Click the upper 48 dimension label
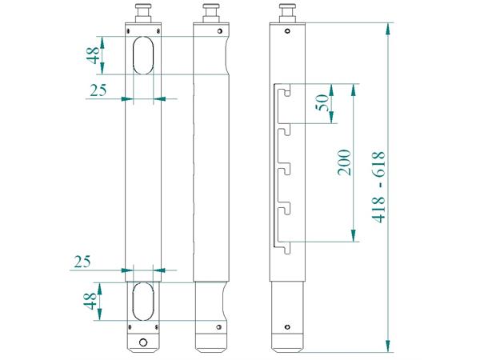(94, 55)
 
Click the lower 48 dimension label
(94, 302)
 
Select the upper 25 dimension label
(98, 90)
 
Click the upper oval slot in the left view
(144, 55)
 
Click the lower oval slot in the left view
(144, 301)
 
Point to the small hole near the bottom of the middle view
(215, 326)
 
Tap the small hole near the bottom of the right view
(287, 326)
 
